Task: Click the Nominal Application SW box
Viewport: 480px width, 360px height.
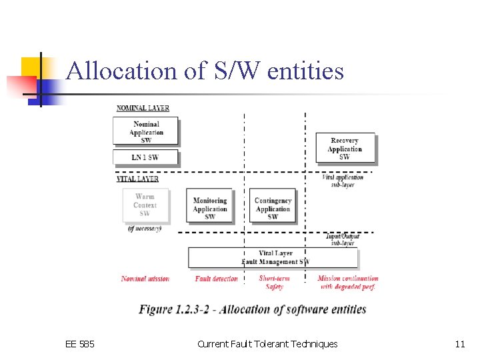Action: (146, 131)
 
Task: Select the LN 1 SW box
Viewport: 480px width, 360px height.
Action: (145, 157)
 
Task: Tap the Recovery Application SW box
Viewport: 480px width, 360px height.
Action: (345, 149)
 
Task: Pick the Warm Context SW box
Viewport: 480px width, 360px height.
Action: (145, 205)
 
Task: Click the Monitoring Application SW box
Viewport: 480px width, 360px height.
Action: (210, 208)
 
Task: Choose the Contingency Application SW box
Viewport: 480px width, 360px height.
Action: (273, 208)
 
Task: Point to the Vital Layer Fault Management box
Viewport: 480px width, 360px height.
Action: (273, 257)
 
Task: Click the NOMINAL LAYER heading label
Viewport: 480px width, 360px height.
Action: (143, 108)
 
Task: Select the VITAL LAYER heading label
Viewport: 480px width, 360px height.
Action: (137, 179)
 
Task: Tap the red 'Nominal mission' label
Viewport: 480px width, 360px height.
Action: (145, 279)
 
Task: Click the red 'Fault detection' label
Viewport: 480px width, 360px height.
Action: (216, 279)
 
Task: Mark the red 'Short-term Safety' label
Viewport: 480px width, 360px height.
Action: (274, 283)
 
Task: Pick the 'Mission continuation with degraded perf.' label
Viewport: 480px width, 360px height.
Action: (347, 283)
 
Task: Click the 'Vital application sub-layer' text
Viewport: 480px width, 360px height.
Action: (343, 181)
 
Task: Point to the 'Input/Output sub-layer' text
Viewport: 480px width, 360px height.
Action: (343, 239)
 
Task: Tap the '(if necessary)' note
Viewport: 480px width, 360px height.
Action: (145, 229)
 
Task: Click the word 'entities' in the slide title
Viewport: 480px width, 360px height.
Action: (305, 70)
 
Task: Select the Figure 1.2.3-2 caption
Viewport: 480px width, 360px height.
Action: (253, 309)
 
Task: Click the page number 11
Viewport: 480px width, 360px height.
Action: (459, 344)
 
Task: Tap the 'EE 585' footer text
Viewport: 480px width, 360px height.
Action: (80, 344)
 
